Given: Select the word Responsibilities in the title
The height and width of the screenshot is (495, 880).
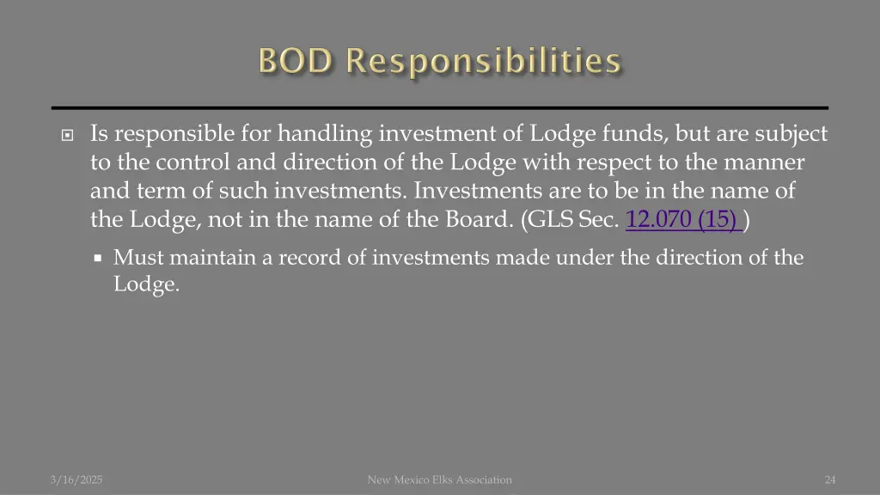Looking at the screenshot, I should point(483,62).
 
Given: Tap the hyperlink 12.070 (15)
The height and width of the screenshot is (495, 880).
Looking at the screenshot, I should point(685,220).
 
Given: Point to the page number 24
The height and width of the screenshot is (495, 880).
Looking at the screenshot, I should point(830,480).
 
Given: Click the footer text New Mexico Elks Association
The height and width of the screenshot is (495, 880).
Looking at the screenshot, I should point(439,480).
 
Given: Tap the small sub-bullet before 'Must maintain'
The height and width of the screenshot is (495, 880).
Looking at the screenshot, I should point(98,257).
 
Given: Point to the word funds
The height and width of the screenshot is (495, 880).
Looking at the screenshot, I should point(634,134).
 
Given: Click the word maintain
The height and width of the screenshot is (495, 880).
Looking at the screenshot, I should point(205,257).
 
